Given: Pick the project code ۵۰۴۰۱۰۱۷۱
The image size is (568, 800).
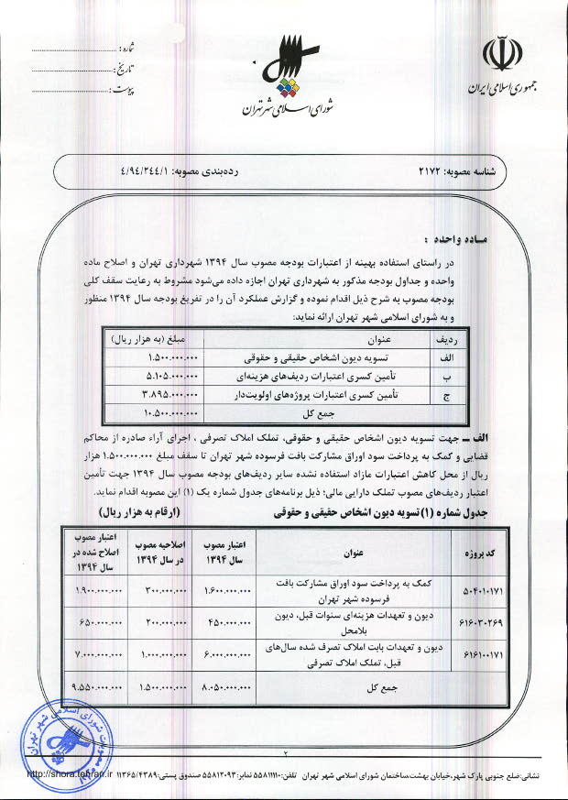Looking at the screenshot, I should point(481,589).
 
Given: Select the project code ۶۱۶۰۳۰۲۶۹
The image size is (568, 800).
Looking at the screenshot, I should point(481,621).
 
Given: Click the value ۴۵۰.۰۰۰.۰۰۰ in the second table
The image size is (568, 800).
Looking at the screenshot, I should point(231,621).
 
